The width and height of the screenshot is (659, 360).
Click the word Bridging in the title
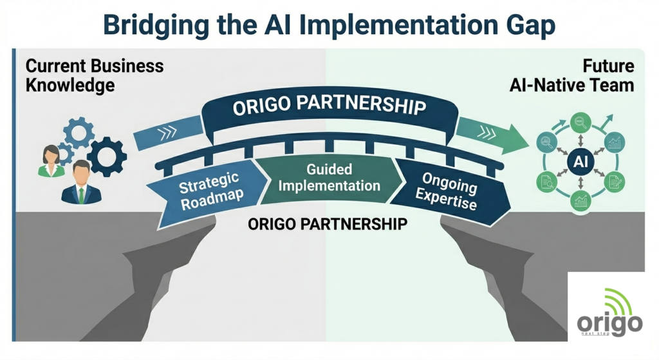pos(156,26)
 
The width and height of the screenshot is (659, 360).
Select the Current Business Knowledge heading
pos(95,76)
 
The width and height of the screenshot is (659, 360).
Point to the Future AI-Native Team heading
pos(571,76)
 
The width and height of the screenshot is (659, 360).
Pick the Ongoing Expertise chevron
pos(452,191)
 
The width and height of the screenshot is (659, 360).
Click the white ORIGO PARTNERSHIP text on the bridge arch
pos(329,105)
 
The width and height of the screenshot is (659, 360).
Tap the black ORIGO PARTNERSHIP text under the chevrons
pos(328,223)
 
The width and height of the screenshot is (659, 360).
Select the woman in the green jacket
pos(51,162)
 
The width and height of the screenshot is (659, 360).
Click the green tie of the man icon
pos(81,195)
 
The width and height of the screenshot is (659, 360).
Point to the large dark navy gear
pos(107,156)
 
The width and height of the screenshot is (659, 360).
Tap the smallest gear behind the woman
pos(64,153)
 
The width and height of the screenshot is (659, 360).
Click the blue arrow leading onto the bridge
pos(169,133)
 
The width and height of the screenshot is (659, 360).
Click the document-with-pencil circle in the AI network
pos(614,182)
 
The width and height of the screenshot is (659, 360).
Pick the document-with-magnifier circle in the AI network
pos(547,182)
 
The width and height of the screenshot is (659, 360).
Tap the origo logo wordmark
pos(609,324)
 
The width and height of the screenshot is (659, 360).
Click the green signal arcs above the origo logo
pos(618,300)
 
